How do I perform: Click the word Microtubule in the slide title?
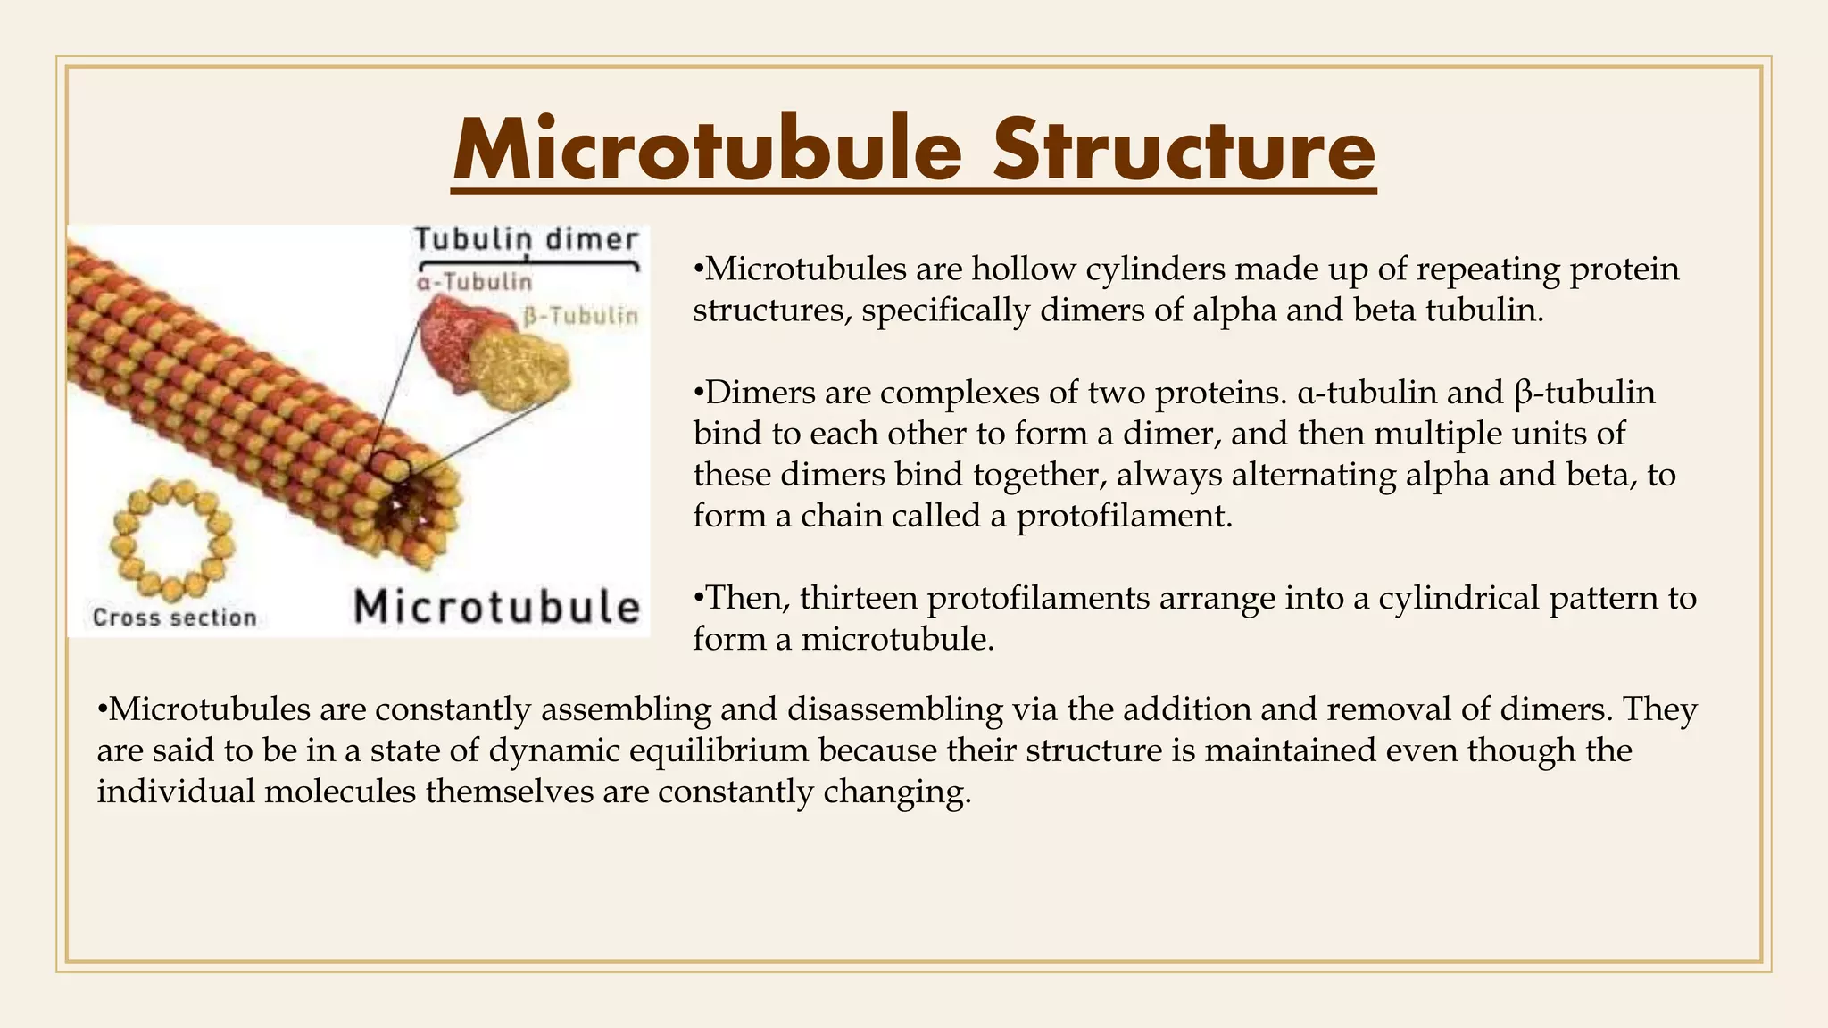point(708,150)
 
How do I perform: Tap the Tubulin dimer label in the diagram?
point(527,239)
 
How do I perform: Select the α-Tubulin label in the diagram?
point(474,282)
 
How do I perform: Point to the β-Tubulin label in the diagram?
point(580,316)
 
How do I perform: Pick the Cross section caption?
point(174,618)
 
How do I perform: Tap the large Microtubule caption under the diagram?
point(497,607)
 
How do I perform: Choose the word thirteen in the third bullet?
point(859,598)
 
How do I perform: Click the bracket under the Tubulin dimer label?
point(528,262)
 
